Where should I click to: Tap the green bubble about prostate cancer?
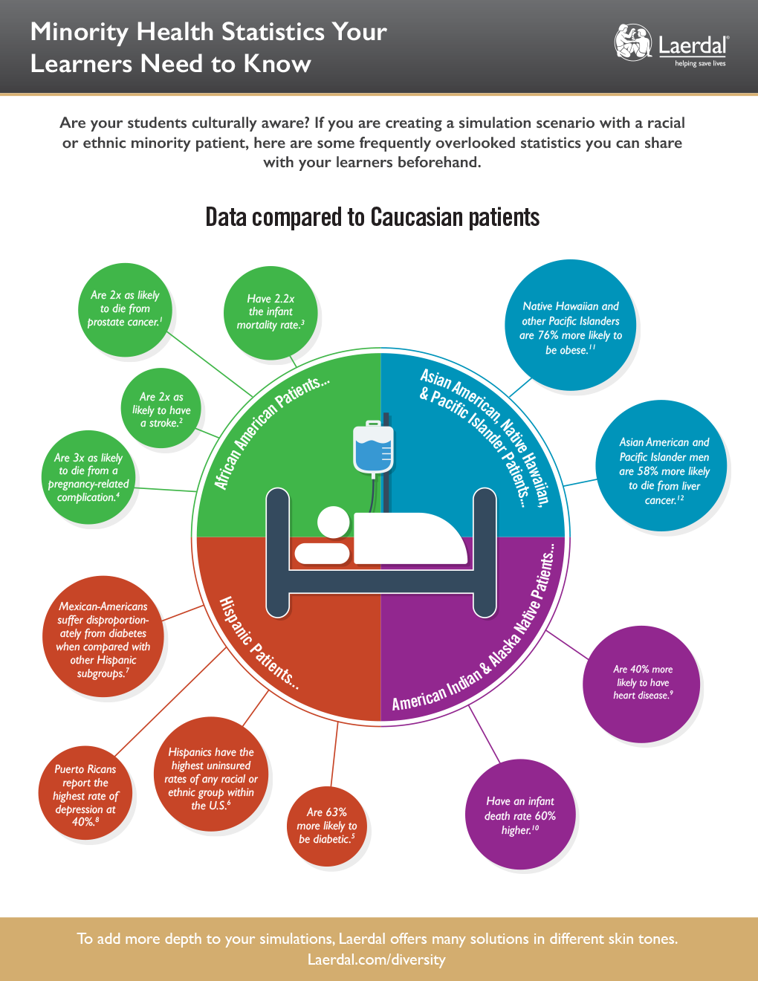125,308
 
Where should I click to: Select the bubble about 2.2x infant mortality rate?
271,312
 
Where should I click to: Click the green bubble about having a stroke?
161,409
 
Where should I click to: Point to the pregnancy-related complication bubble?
88,477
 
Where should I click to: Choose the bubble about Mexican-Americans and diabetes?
103,640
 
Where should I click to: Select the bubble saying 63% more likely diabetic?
327,826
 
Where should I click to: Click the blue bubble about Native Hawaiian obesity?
571,328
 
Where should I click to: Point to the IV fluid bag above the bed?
374,449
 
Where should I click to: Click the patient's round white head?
333,522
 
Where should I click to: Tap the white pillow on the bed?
322,553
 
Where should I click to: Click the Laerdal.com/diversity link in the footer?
377,959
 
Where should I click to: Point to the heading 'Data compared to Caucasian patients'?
372,217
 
